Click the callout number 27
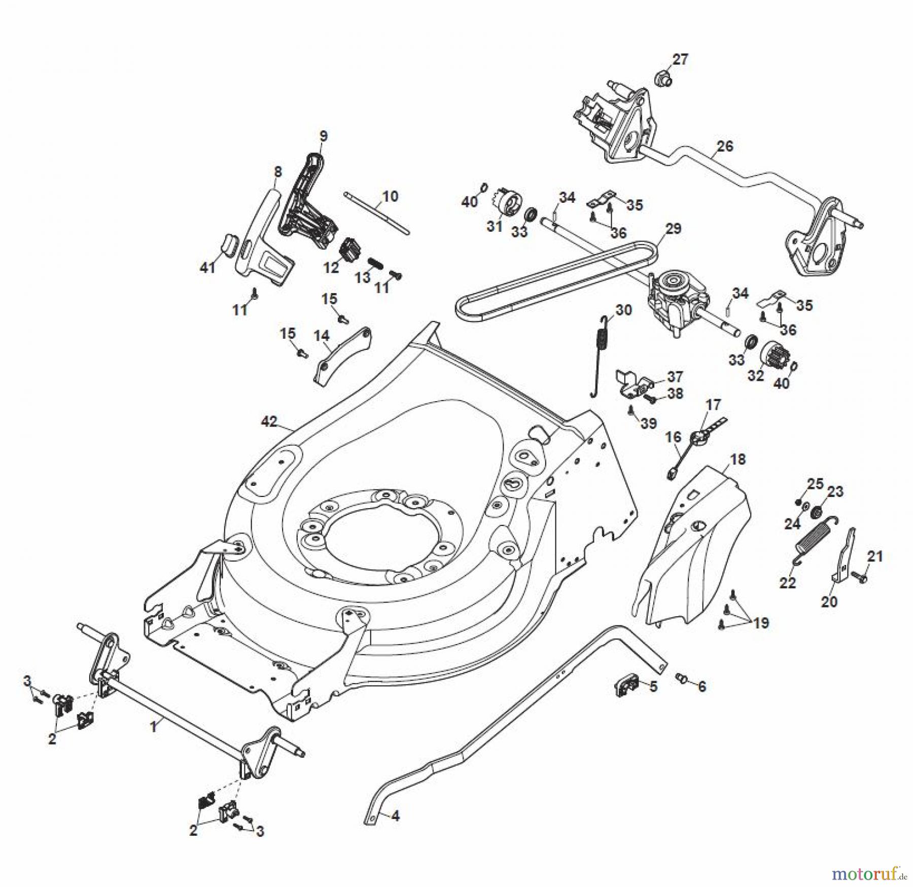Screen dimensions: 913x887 pyautogui.click(x=680, y=59)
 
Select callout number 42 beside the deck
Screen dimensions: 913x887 pyautogui.click(x=270, y=421)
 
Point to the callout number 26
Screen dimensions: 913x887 pyautogui.click(x=725, y=146)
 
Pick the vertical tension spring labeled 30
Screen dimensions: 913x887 pyautogui.click(x=600, y=356)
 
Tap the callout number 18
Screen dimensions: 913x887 pyautogui.click(x=738, y=459)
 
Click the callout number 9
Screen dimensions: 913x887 pyautogui.click(x=324, y=136)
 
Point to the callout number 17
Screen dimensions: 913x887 pyautogui.click(x=713, y=405)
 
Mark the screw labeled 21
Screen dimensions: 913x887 pyautogui.click(x=860, y=577)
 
